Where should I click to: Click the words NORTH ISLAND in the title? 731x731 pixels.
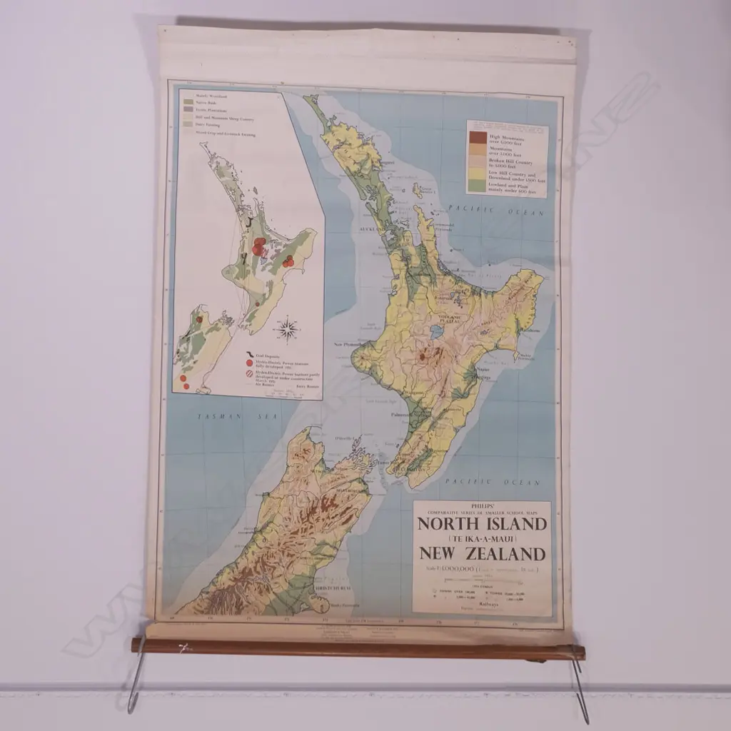pyautogui.click(x=482, y=525)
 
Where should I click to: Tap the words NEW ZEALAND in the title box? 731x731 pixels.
pyautogui.click(x=482, y=553)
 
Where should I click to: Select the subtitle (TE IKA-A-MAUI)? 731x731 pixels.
pyautogui.click(x=482, y=539)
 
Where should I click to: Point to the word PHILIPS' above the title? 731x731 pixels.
pyautogui.click(x=482, y=507)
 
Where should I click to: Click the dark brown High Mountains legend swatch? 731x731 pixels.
pyautogui.click(x=478, y=137)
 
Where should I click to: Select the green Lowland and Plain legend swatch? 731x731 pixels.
pyautogui.click(x=478, y=186)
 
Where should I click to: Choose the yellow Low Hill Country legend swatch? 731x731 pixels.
pyautogui.click(x=478, y=173)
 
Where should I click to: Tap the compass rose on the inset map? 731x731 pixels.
pyautogui.click(x=286, y=329)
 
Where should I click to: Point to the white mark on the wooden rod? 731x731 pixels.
pyautogui.click(x=184, y=647)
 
